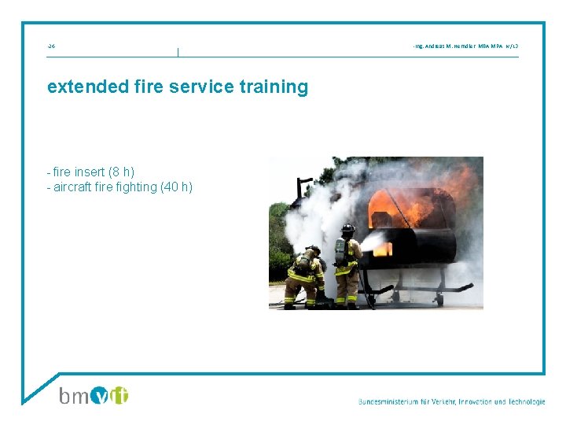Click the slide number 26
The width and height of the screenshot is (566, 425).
[51, 46]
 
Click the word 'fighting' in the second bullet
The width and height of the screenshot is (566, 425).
[137, 187]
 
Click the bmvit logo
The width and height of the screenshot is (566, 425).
[94, 394]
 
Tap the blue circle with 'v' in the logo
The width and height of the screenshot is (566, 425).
[101, 395]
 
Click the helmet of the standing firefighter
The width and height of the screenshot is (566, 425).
[347, 229]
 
